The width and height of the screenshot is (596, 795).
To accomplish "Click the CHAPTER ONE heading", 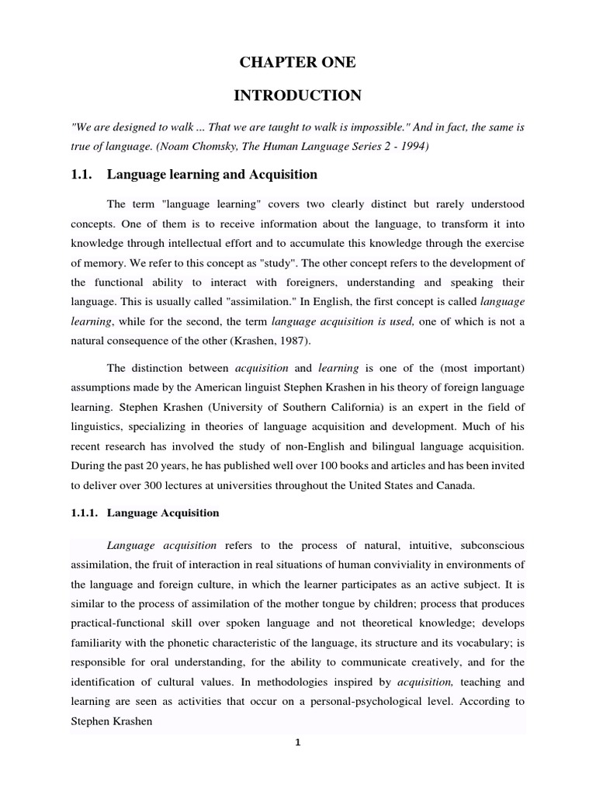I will (x=297, y=63).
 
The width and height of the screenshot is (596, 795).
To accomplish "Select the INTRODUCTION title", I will (x=297, y=95).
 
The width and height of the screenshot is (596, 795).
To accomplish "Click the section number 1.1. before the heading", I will (x=81, y=175).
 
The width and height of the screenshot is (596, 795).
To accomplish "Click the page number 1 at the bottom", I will (x=297, y=742).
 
